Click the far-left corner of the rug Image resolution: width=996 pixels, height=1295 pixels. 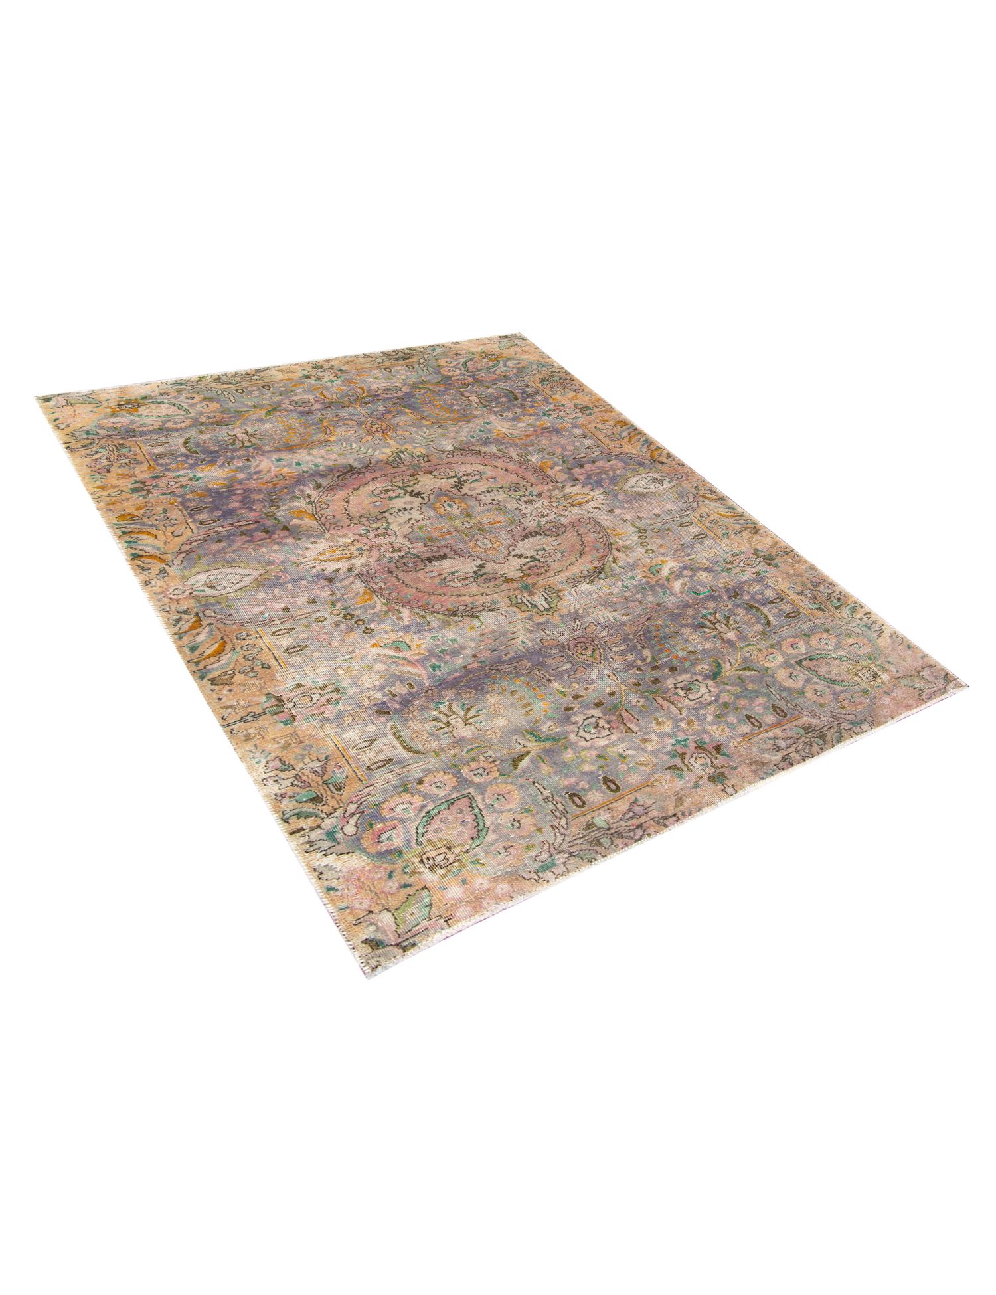pyautogui.click(x=38, y=396)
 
